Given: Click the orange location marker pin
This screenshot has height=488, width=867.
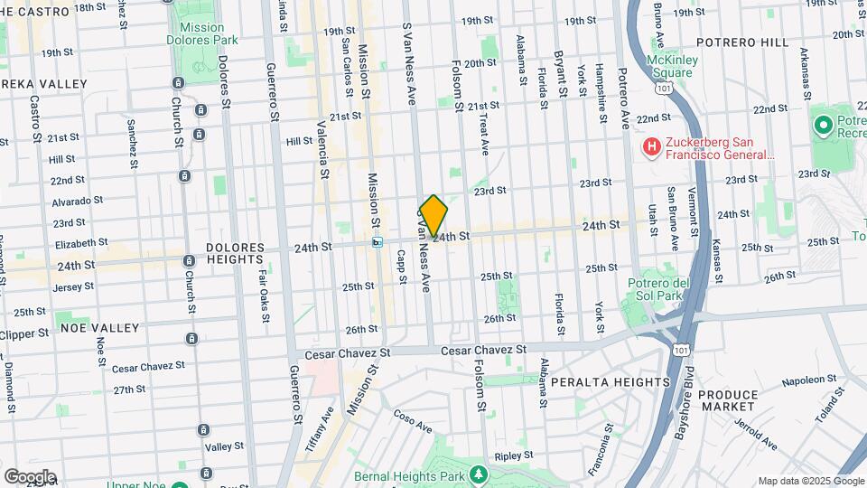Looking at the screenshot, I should pos(433,216).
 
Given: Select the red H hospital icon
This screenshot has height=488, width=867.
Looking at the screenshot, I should pos(650,146).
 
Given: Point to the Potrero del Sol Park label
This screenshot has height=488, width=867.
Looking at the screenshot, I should pos(659,291).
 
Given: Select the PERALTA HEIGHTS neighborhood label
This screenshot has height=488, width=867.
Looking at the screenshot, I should pos(614,381).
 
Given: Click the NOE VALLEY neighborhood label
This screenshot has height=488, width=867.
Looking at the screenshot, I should pos(99,327).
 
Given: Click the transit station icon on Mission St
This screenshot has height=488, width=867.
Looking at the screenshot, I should pos(378,241).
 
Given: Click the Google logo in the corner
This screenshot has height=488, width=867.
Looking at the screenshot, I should pos(30,476).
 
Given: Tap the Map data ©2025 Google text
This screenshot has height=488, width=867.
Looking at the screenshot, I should pos(810,481).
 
